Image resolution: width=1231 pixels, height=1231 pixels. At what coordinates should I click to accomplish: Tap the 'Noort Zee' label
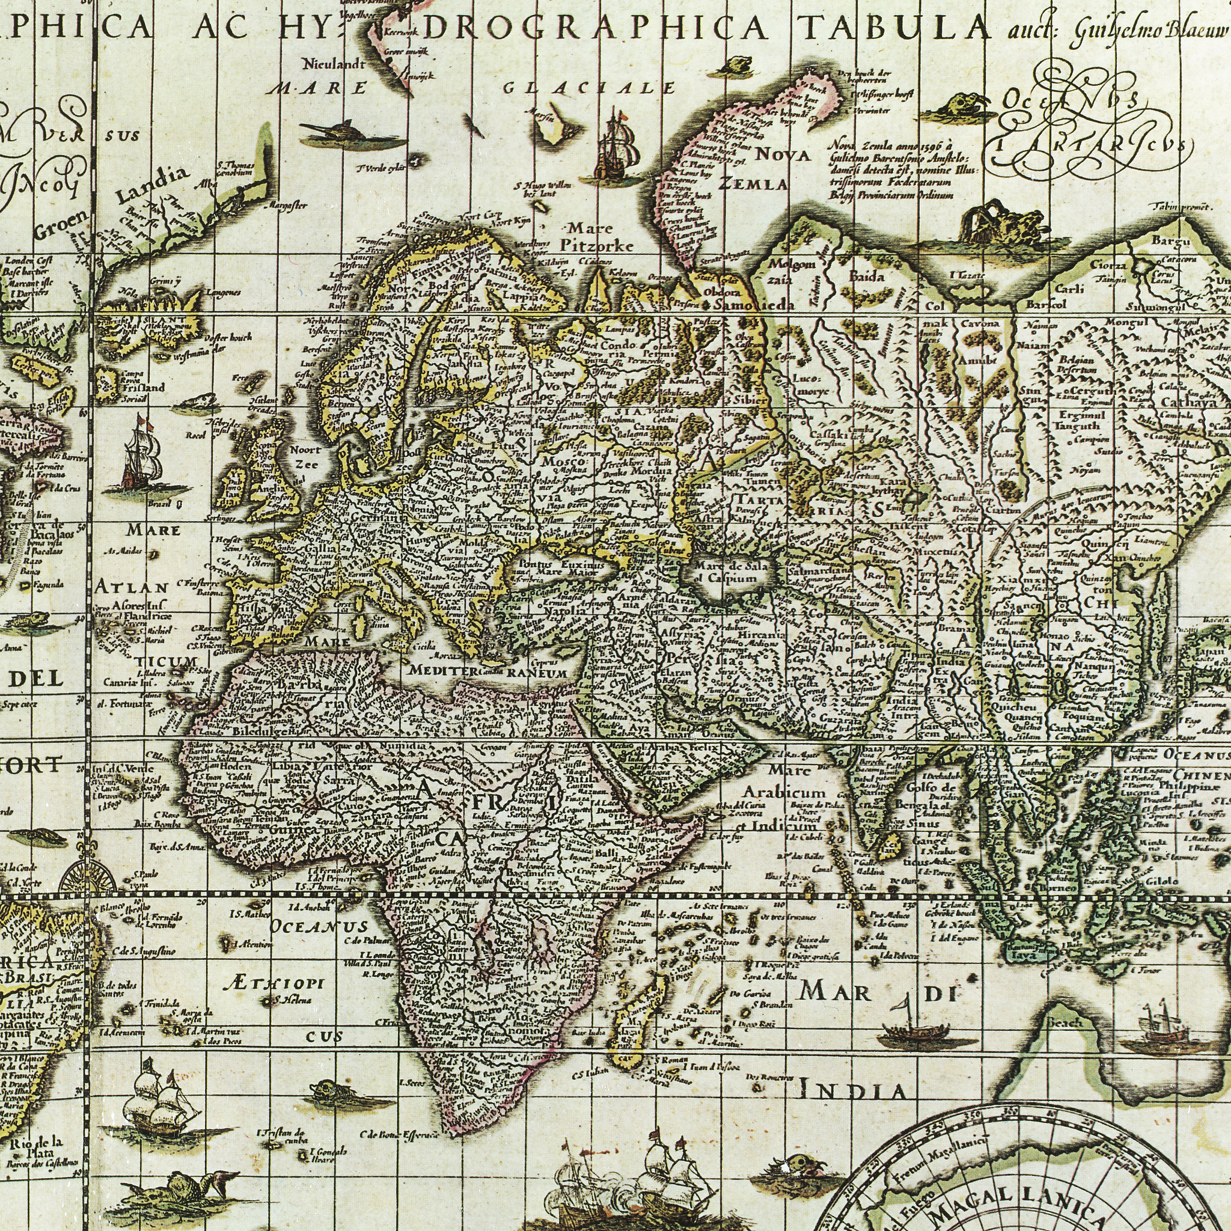(305, 456)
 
